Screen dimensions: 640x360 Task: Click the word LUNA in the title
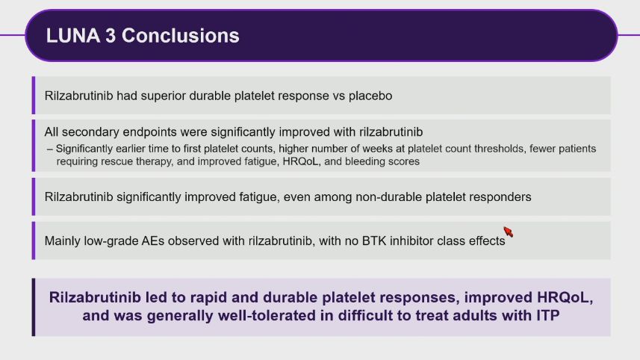coord(73,36)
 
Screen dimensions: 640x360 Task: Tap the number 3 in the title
coord(111,36)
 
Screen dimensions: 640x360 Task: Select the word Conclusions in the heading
coord(181,36)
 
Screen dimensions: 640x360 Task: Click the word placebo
coord(370,96)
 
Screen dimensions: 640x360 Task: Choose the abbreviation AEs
coord(153,240)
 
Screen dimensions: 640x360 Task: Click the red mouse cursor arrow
coord(508,232)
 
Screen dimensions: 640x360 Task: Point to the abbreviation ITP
coord(547,315)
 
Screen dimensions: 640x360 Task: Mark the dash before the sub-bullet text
coord(50,149)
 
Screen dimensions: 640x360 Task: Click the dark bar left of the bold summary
coord(34,307)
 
